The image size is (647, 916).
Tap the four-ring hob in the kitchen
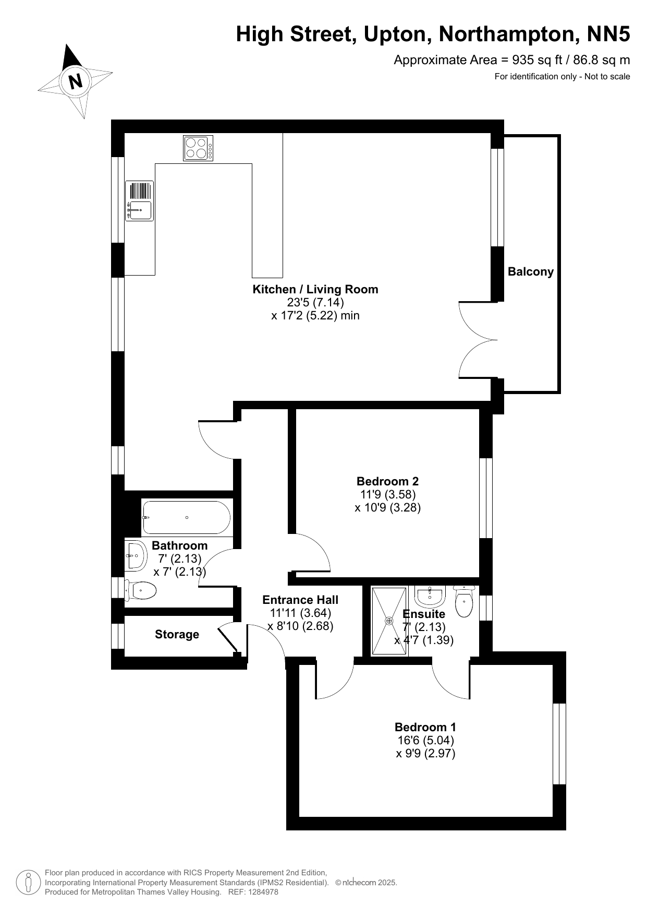point(198,148)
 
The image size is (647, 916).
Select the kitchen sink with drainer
point(139,201)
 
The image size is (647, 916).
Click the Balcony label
point(531,271)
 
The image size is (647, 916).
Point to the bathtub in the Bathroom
point(186,517)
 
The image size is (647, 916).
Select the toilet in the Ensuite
point(463,601)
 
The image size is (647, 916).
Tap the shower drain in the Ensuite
point(389,621)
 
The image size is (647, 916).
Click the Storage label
point(177,634)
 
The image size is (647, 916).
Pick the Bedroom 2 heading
point(387,481)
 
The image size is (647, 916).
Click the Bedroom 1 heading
point(425,727)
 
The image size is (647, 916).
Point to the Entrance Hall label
point(300,600)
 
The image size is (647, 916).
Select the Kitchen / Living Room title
point(315,289)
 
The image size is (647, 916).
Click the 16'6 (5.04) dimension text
point(425,740)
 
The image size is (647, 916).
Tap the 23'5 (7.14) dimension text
point(315,302)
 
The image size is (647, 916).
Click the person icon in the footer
point(29,882)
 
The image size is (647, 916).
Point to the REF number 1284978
point(261,892)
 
